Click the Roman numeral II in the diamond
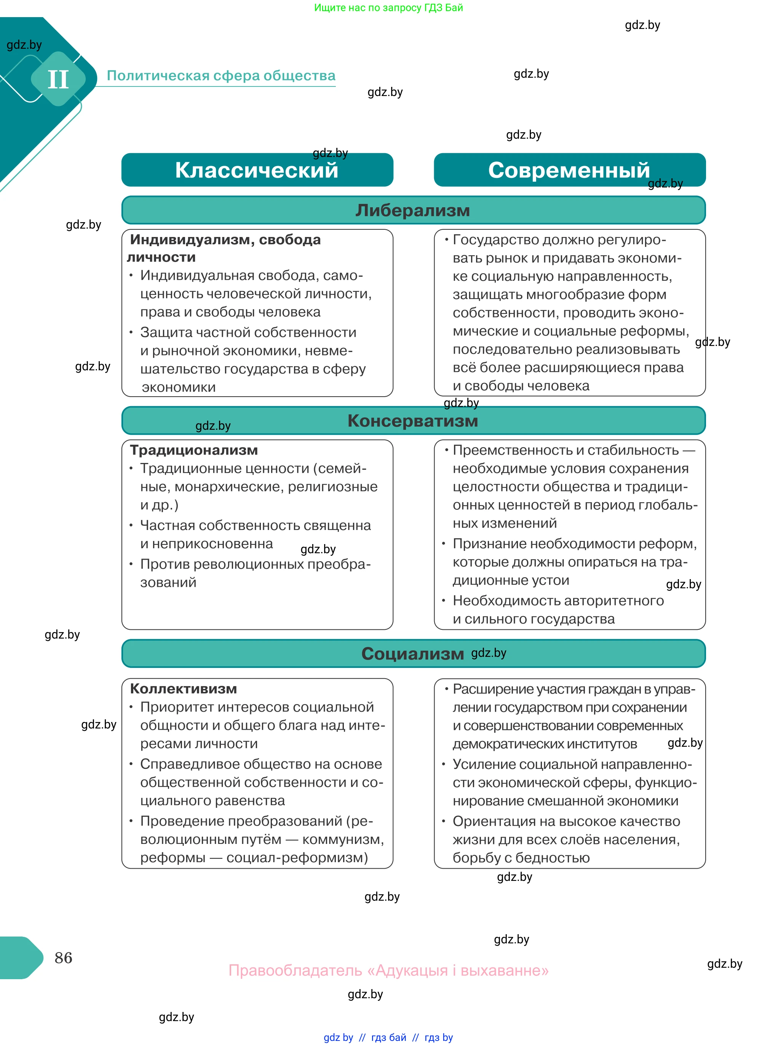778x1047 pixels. tap(58, 79)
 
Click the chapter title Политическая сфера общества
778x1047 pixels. tap(221, 75)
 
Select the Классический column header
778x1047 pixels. tap(257, 170)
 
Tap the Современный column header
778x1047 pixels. tap(569, 170)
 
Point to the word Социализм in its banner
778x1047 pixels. tap(412, 653)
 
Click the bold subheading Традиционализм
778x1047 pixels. tap(193, 450)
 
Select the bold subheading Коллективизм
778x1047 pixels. tap(183, 688)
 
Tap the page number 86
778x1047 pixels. tap(63, 957)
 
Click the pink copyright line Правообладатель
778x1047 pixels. tap(388, 970)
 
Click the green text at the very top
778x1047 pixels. tap(388, 8)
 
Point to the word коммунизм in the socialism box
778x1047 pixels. tap(342, 839)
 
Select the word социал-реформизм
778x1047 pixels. tap(297, 858)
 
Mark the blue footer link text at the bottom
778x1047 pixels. tap(388, 1037)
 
